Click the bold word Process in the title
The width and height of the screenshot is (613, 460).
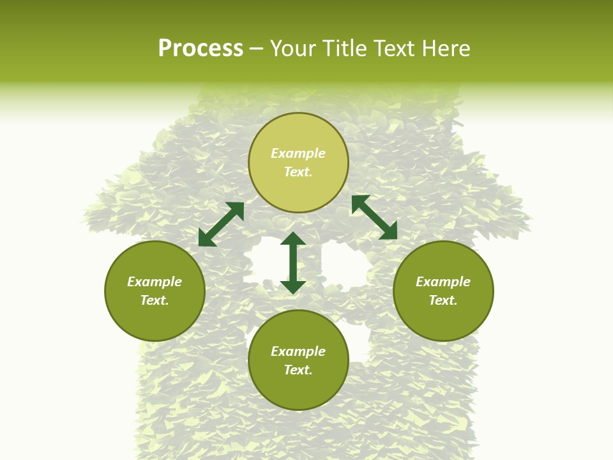click(201, 49)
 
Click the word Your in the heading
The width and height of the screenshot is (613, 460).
click(293, 49)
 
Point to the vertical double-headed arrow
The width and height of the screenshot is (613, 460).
click(293, 263)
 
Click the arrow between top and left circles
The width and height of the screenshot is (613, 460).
click(221, 224)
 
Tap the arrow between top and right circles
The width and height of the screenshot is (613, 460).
click(375, 217)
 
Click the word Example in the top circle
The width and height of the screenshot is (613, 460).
click(298, 153)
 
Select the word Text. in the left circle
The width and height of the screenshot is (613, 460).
click(155, 300)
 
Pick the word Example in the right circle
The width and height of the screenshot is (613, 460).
click(443, 282)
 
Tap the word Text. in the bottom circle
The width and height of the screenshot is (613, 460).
click(298, 370)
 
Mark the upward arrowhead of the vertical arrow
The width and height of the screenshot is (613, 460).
click(293, 239)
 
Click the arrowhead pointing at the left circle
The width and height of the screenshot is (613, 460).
click(206, 239)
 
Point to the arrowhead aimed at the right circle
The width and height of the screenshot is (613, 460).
click(389, 231)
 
